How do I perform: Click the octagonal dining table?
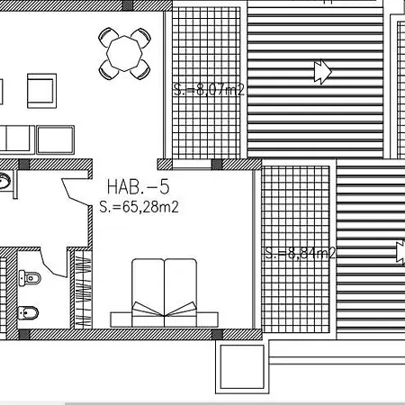(124, 54)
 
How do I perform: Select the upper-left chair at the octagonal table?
(108, 37)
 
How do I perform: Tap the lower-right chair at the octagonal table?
(140, 69)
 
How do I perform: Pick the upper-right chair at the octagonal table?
(141, 38)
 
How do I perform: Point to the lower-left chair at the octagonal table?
(108, 70)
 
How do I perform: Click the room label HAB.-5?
(139, 186)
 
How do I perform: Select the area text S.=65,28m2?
(139, 207)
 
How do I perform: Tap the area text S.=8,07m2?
(209, 89)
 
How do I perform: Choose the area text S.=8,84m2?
(301, 254)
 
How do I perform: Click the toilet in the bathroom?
(30, 278)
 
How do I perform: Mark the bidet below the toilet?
(28, 313)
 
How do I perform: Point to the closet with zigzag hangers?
(83, 289)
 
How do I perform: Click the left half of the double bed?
(148, 292)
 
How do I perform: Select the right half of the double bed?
(181, 292)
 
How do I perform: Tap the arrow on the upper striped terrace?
(323, 72)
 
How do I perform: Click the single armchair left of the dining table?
(41, 91)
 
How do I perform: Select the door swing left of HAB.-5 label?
(76, 192)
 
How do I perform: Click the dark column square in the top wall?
(128, 5)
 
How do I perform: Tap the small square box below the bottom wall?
(242, 366)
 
